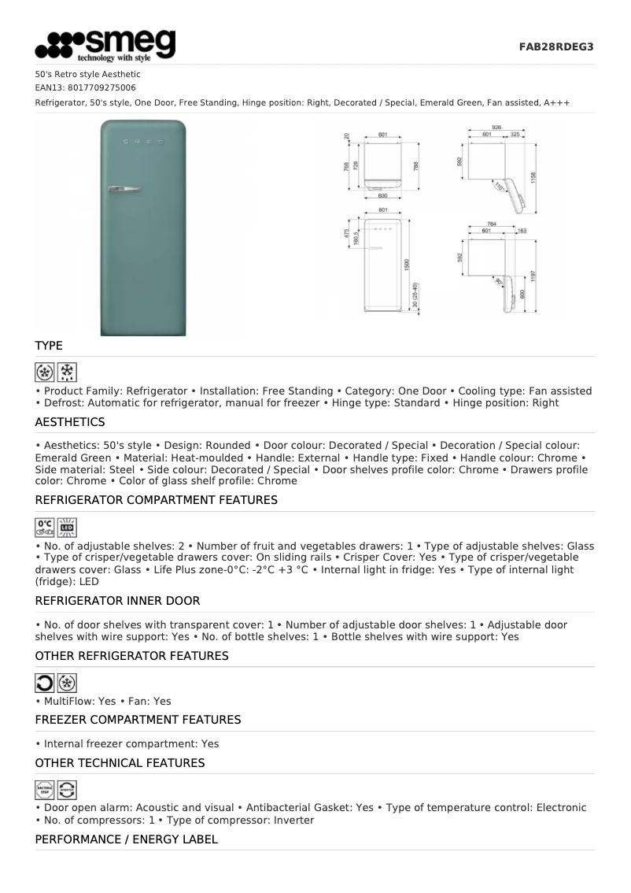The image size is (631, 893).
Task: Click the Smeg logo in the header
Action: (x=105, y=46)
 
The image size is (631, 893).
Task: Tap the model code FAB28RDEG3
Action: (x=555, y=47)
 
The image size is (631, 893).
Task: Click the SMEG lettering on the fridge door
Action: (x=142, y=141)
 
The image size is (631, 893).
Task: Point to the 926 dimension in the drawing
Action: (x=497, y=127)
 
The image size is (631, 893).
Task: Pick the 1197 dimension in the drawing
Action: (x=533, y=276)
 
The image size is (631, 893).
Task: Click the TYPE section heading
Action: (x=49, y=346)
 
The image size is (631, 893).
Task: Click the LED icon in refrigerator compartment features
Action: (x=67, y=527)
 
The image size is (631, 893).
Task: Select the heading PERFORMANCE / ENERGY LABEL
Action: (x=127, y=840)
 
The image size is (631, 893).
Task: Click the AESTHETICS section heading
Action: (x=70, y=422)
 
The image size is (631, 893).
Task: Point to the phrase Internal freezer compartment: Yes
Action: (x=131, y=743)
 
